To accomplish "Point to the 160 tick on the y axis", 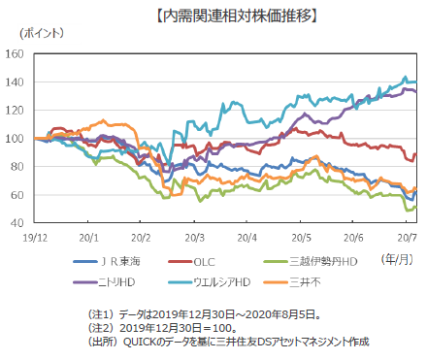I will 18,54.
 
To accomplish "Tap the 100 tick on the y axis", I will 18,139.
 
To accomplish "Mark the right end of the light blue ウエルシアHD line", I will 416,82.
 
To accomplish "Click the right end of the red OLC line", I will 416,154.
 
